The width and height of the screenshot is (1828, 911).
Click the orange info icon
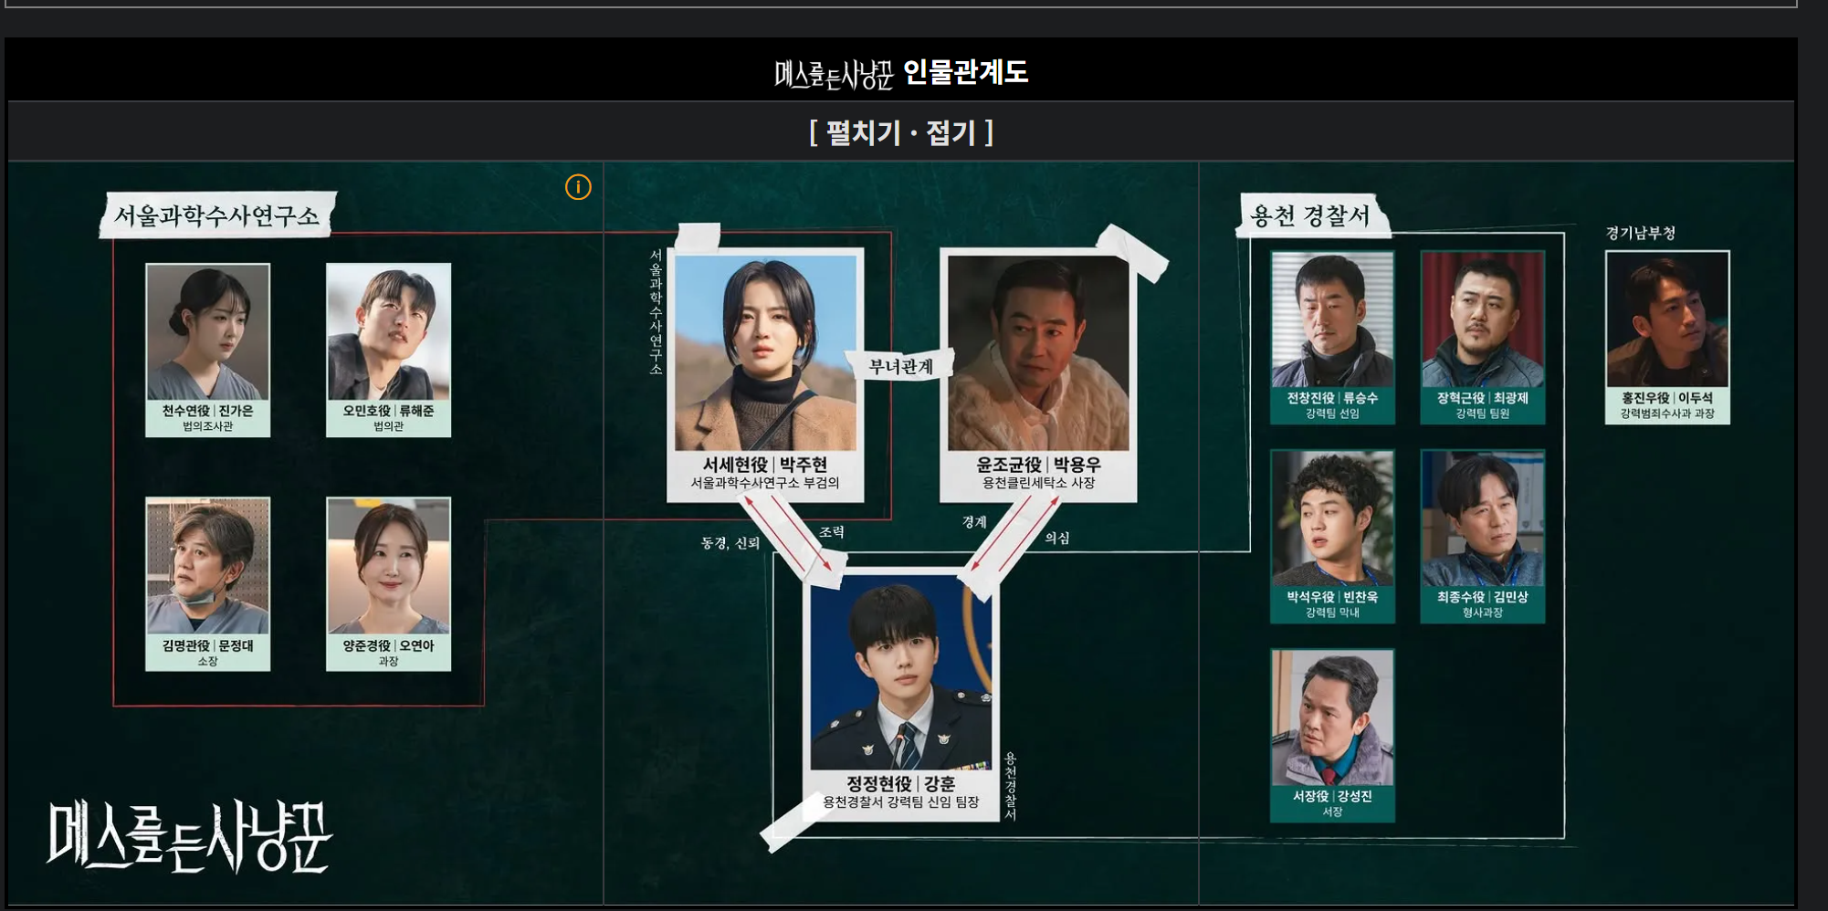tap(578, 187)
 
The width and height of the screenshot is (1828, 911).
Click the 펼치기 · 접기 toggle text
tap(901, 133)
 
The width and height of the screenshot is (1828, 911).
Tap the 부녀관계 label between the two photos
tap(900, 367)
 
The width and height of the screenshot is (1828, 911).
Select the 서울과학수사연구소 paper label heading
tap(216, 216)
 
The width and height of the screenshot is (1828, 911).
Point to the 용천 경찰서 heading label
tap(1310, 216)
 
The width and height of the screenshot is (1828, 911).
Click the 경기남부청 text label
tap(1640, 234)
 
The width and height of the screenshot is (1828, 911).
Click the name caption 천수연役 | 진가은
tap(207, 411)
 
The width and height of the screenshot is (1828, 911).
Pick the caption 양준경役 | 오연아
tap(388, 645)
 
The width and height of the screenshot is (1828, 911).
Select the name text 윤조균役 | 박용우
tap(1038, 465)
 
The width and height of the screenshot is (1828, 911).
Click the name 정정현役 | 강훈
tap(900, 783)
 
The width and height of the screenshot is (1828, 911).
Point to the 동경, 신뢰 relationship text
tap(730, 543)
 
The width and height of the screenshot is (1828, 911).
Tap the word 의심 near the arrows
tap(1056, 539)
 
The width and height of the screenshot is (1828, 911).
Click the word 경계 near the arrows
tap(974, 522)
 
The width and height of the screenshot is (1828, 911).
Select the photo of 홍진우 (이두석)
tap(1666, 319)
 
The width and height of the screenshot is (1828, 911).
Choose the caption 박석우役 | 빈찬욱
tap(1332, 597)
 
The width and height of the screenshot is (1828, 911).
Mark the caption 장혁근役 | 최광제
tap(1482, 398)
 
